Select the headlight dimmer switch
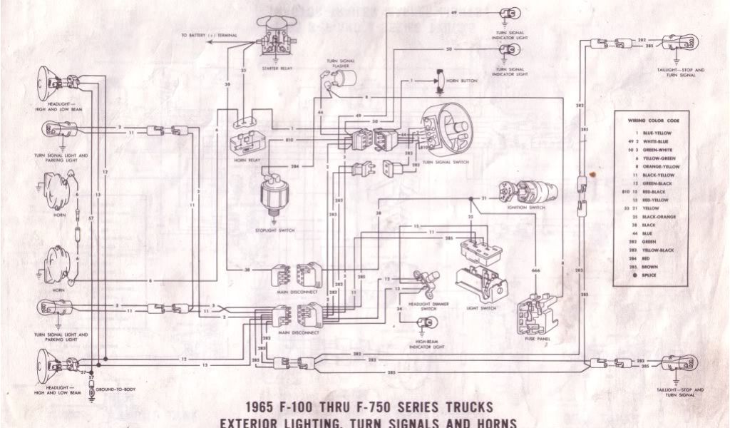426,283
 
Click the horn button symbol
440,81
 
